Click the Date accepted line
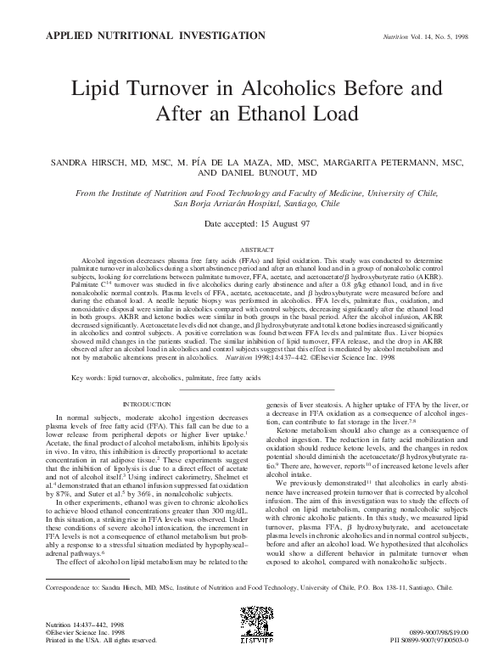tap(249, 201)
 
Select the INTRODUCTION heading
tap(147, 405)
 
